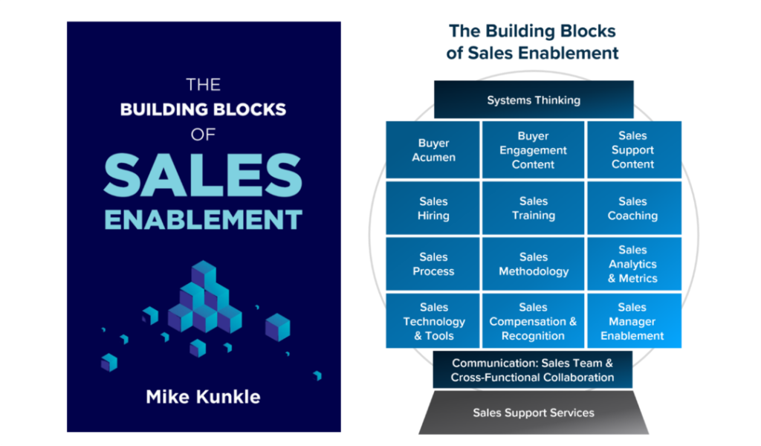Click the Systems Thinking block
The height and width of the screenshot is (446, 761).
533,100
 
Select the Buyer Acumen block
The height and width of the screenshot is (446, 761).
433,150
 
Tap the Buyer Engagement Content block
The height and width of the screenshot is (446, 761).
533,150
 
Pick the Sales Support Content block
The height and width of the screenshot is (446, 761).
633,150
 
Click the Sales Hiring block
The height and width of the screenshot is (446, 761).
433,208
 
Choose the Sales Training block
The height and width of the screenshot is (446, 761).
533,208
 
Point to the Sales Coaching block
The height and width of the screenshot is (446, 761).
633,208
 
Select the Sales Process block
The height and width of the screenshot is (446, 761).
433,264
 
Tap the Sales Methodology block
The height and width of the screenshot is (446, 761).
533,264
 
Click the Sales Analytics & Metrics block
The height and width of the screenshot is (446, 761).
633,264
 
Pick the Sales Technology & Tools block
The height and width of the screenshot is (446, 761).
433,321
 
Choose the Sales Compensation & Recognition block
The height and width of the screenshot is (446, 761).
533,321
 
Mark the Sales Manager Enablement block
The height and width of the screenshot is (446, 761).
633,321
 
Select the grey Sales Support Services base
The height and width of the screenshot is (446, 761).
533,413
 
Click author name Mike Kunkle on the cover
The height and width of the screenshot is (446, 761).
203,396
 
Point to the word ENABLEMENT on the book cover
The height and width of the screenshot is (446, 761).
203,220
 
